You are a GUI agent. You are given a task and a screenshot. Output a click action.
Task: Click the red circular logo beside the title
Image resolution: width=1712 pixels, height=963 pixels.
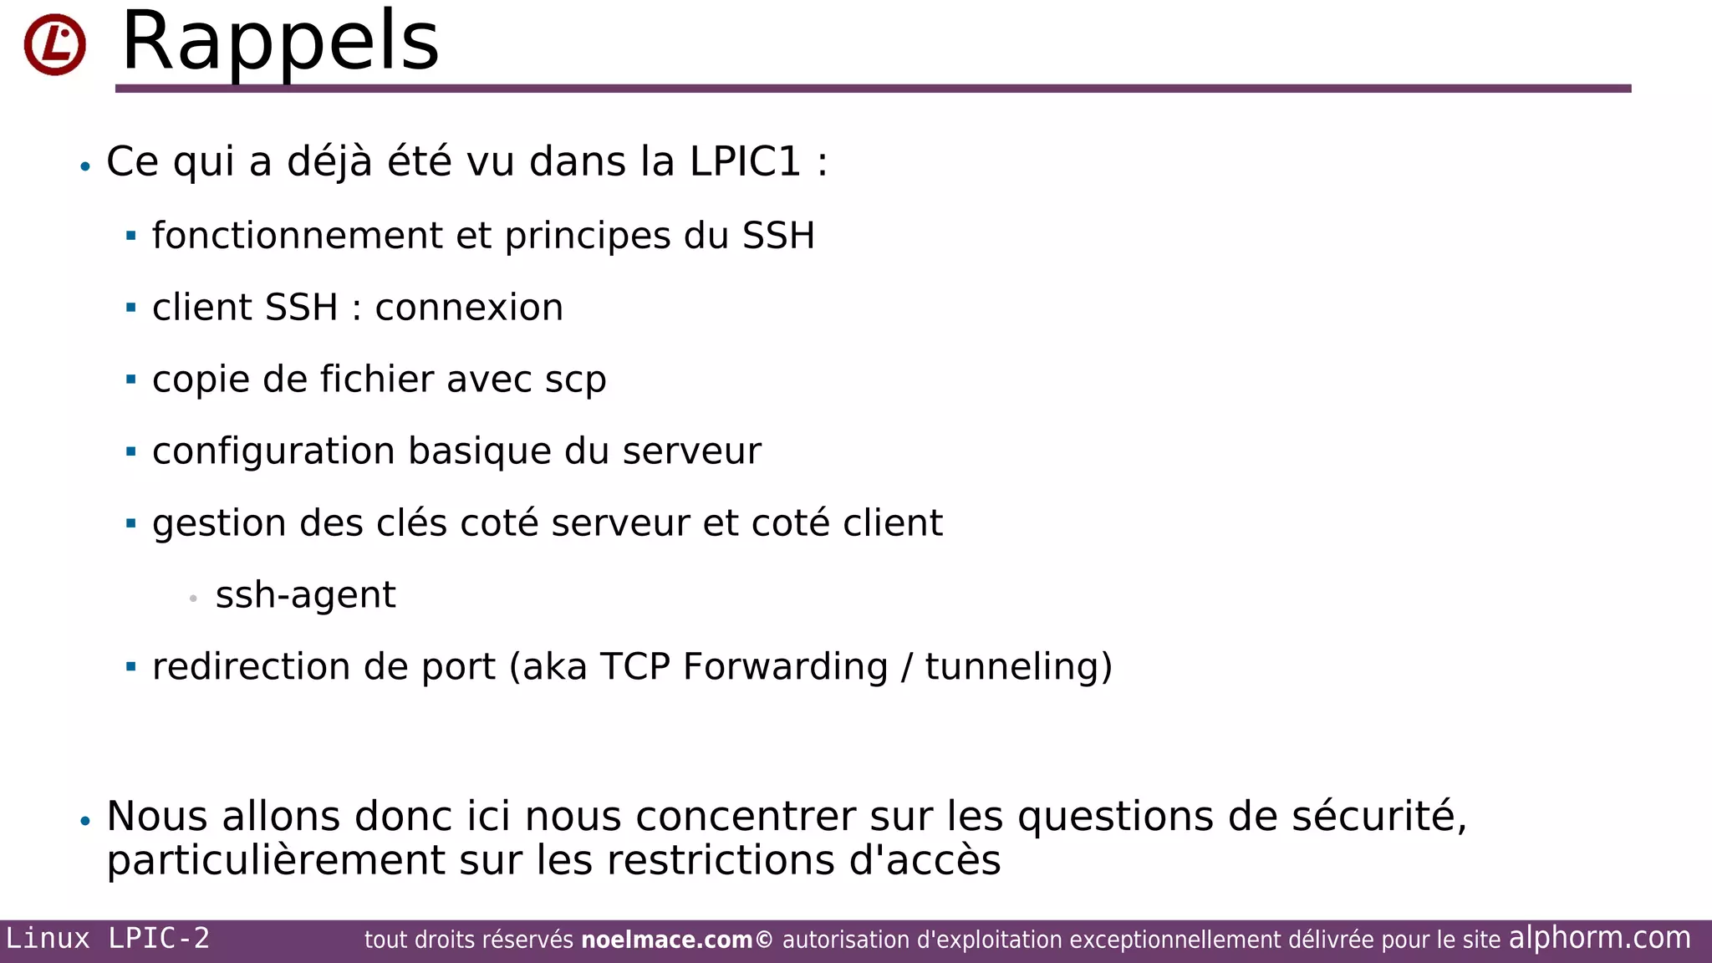tap(54, 44)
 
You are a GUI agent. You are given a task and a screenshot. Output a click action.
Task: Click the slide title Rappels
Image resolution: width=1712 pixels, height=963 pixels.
tap(280, 42)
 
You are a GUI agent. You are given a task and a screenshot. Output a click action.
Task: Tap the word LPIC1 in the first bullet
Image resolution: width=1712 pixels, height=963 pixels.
tap(745, 161)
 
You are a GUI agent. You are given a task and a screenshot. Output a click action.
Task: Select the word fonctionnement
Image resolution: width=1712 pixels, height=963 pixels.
tap(297, 236)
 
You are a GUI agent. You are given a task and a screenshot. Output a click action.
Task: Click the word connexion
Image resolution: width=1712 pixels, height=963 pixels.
tap(469, 308)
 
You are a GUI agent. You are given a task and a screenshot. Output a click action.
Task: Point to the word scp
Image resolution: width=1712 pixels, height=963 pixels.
tap(575, 380)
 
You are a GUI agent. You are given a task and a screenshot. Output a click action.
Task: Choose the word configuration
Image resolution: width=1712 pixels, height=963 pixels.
tap(273, 452)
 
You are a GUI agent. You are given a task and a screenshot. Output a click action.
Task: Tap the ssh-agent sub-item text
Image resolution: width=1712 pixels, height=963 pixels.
tap(305, 595)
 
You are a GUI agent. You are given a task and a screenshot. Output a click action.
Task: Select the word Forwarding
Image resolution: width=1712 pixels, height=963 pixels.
tap(785, 667)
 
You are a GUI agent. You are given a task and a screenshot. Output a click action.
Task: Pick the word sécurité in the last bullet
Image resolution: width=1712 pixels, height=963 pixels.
tap(1378, 816)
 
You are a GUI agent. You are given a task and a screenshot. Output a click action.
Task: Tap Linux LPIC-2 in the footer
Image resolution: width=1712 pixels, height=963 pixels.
tap(108, 939)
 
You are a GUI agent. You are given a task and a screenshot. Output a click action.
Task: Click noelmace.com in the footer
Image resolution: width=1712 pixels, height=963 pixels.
tap(666, 940)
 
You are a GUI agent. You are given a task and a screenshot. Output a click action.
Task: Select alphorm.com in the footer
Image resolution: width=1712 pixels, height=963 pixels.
tap(1599, 938)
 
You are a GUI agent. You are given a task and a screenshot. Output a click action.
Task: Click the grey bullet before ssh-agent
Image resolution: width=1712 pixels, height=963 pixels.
tap(193, 599)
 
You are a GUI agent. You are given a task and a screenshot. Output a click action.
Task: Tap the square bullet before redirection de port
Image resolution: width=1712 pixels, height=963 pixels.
tap(130, 667)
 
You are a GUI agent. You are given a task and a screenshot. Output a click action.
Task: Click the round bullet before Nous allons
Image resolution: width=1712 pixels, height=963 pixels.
tap(85, 821)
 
